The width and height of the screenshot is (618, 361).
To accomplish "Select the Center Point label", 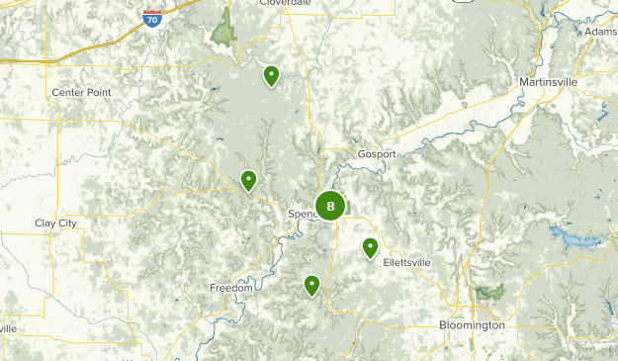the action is [x=81, y=92].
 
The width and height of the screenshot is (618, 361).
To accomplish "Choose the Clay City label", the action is [x=55, y=223].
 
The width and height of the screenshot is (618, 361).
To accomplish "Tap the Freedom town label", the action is [x=231, y=288].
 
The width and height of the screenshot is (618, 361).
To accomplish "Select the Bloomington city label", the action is [x=472, y=324].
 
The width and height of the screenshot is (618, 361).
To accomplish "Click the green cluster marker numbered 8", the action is [x=330, y=206].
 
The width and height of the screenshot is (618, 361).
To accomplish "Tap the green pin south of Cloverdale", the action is [x=271, y=75].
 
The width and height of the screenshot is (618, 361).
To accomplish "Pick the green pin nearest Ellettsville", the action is [x=371, y=247].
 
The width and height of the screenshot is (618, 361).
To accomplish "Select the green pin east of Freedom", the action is [x=312, y=285].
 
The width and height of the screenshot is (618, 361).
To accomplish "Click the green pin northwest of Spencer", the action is [x=249, y=180].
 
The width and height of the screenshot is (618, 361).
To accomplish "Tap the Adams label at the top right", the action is [x=601, y=32].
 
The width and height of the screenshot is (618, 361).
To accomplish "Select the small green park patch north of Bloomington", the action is [x=488, y=292].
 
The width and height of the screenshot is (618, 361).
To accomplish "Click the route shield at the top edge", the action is [x=463, y=2].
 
